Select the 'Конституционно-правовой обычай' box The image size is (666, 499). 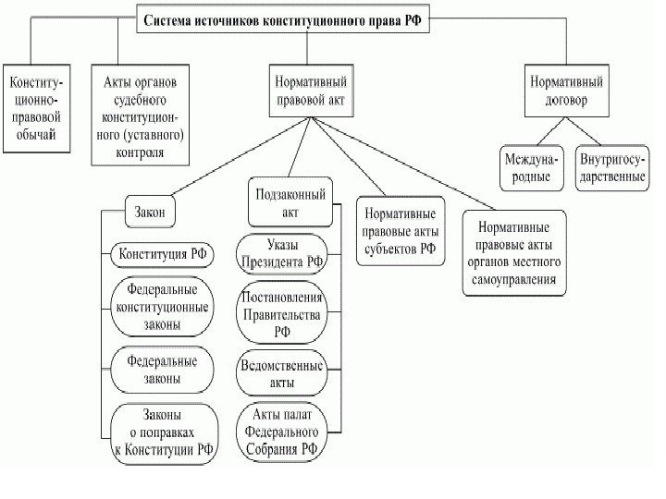[x=34, y=107]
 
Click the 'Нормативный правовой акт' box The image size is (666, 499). [x=310, y=91]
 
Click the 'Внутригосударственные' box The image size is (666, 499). [x=611, y=167]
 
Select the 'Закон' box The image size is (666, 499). [x=150, y=212]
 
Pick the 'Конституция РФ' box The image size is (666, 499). [x=163, y=252]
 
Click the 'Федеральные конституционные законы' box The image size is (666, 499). [x=161, y=307]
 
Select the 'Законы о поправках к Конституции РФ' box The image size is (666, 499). [x=164, y=432]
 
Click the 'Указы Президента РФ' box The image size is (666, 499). [x=281, y=254]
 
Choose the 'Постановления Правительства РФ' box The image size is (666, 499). [x=281, y=315]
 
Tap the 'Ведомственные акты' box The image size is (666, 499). [x=281, y=373]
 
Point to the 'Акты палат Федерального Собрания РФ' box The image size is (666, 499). [x=281, y=432]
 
